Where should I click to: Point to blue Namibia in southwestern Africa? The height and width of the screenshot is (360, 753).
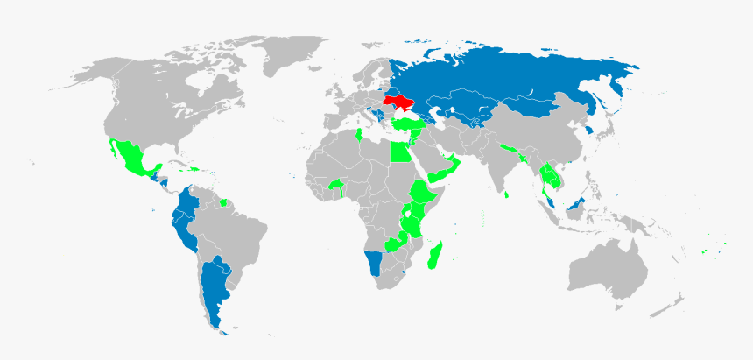tap(375, 262)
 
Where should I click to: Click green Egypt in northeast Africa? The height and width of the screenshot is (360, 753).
tap(399, 152)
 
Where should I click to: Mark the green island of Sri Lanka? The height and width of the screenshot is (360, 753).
tap(508, 194)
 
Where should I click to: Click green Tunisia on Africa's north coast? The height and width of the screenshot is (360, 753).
tap(360, 135)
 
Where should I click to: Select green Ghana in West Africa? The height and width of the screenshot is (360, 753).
tap(337, 186)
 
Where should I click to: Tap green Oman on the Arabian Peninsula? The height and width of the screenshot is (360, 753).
tap(453, 164)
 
